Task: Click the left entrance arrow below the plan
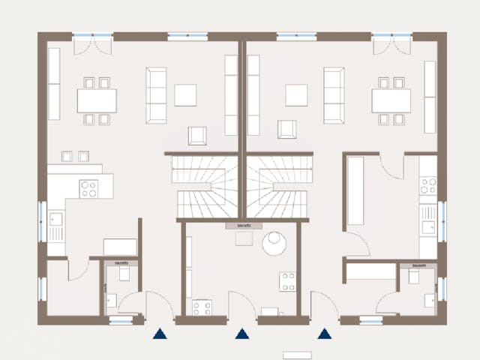[x=159, y=334]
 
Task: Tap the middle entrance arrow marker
[x=241, y=334]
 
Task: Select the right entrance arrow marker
[x=325, y=334]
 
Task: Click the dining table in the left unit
[x=97, y=100]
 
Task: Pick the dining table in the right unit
[x=391, y=100]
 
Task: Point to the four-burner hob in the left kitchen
[x=88, y=189]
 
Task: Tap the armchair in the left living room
[x=197, y=135]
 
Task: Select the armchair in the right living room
[x=286, y=129]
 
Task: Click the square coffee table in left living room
[x=185, y=95]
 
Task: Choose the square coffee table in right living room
[x=296, y=95]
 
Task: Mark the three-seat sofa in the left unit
[x=156, y=94]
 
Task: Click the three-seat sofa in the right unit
[x=333, y=94]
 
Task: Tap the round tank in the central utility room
[x=274, y=243]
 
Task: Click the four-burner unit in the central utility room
[x=288, y=281]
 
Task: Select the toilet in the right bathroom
[x=413, y=277]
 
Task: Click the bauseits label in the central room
[x=244, y=225]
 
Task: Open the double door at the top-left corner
[x=94, y=45]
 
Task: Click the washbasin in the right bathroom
[x=429, y=300]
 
